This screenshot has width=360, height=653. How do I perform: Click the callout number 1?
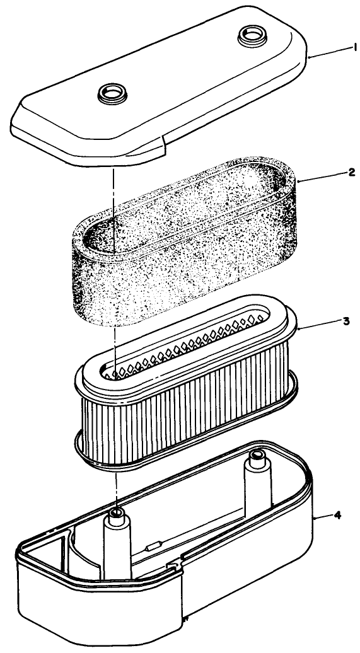coord(338,46)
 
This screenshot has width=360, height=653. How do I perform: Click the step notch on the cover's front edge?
coord(163,149)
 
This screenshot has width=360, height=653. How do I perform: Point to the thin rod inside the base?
coord(189,533)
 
